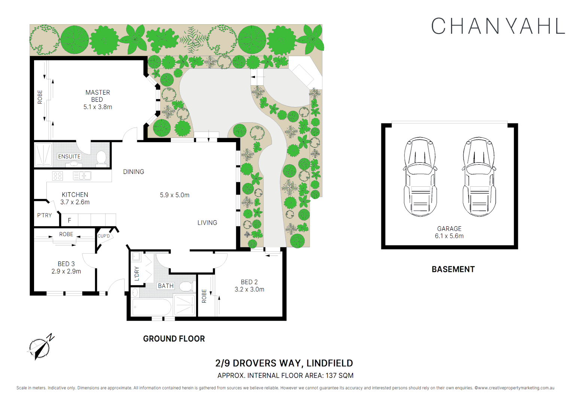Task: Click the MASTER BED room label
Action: [x=98, y=96]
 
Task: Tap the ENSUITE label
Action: [x=69, y=156]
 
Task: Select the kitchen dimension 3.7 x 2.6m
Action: [x=75, y=202]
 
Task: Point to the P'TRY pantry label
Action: [x=44, y=215]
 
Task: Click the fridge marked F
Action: [x=69, y=220]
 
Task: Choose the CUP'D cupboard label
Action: [x=104, y=236]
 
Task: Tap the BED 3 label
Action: [x=66, y=264]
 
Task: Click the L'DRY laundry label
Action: [x=137, y=274]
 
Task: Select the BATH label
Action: [x=165, y=286]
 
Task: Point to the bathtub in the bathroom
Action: [x=152, y=307]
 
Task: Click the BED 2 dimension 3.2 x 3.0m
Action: [x=249, y=289]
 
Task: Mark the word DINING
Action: [x=134, y=172]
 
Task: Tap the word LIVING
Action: [x=207, y=223]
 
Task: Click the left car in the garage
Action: [x=420, y=177]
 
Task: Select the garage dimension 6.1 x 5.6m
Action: [x=449, y=236]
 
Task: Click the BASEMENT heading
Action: [x=453, y=269]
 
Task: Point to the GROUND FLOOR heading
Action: [x=174, y=339]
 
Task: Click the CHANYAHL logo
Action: [x=498, y=26]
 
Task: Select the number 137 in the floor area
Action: [x=331, y=375]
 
